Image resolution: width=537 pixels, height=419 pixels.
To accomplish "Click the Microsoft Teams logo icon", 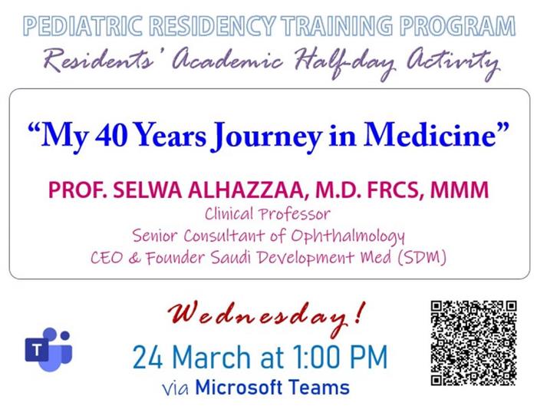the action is (48, 349).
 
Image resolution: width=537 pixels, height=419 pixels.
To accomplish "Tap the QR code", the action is (473, 343).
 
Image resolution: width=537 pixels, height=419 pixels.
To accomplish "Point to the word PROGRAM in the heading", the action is (457, 26).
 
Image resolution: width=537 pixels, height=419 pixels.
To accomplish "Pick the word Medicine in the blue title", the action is (430, 134).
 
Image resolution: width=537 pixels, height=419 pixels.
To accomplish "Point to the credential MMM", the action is (460, 190).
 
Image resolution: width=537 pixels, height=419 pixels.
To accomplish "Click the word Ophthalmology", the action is (348, 236).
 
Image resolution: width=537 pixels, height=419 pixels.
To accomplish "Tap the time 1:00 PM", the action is (340, 357).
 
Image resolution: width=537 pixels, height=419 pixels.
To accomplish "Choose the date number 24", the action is (147, 358).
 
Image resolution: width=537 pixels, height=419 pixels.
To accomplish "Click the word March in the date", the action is (211, 358).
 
